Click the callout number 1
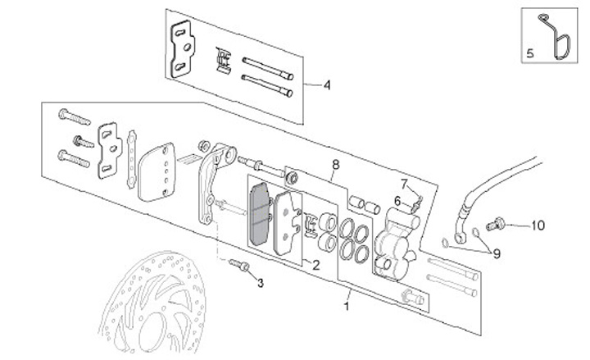point(347,307)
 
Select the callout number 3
point(261,284)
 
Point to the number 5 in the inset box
point(529,52)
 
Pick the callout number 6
point(397,199)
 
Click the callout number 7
point(403,182)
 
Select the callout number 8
point(334,165)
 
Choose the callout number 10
point(538,224)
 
